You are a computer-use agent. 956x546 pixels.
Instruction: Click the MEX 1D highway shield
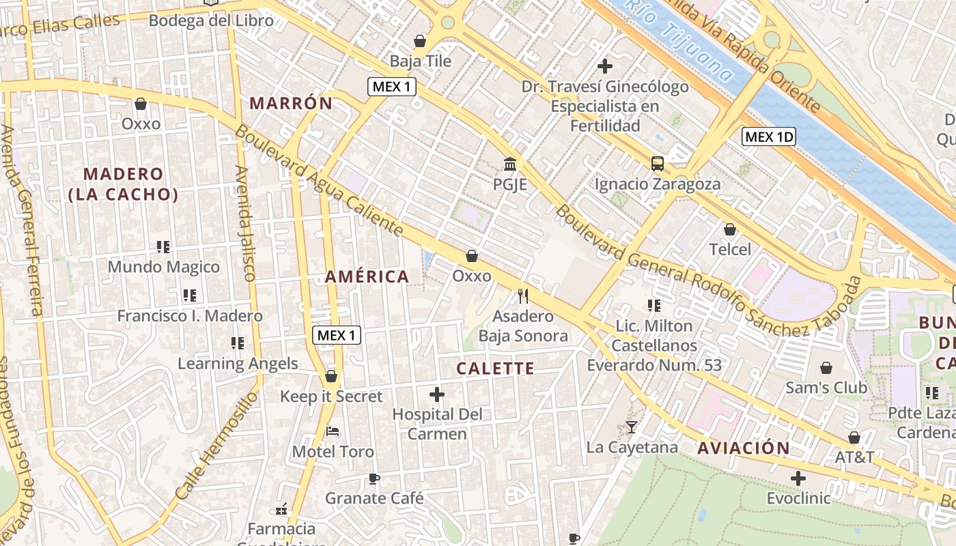(x=770, y=136)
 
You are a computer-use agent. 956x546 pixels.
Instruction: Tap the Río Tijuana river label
(x=683, y=38)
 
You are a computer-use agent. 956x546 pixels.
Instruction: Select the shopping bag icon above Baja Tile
(x=420, y=41)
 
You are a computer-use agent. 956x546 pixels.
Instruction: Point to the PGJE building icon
(x=509, y=164)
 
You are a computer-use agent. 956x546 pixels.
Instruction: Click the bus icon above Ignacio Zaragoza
(x=658, y=164)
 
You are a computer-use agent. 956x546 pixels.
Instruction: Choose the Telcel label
(x=730, y=249)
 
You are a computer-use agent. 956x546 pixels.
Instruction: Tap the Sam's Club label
(x=826, y=388)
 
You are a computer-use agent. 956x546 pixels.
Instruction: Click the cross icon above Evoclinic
(x=798, y=478)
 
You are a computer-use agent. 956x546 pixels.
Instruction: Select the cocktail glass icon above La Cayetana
(x=632, y=427)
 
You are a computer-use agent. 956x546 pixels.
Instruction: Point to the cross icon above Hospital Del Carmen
(x=437, y=394)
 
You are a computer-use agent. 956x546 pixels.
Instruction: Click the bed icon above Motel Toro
(x=333, y=431)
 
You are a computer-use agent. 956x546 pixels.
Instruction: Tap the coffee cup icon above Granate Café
(x=374, y=478)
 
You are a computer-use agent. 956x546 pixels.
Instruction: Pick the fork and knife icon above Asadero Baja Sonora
(x=523, y=296)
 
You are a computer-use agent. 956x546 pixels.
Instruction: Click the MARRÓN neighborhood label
(x=291, y=104)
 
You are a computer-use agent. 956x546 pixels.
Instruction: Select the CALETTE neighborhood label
(x=495, y=369)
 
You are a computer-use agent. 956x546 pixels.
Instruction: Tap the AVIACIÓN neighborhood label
(x=744, y=448)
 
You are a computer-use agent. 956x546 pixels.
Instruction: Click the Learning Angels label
(x=238, y=363)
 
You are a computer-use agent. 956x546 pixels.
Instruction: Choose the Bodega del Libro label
(x=211, y=20)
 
